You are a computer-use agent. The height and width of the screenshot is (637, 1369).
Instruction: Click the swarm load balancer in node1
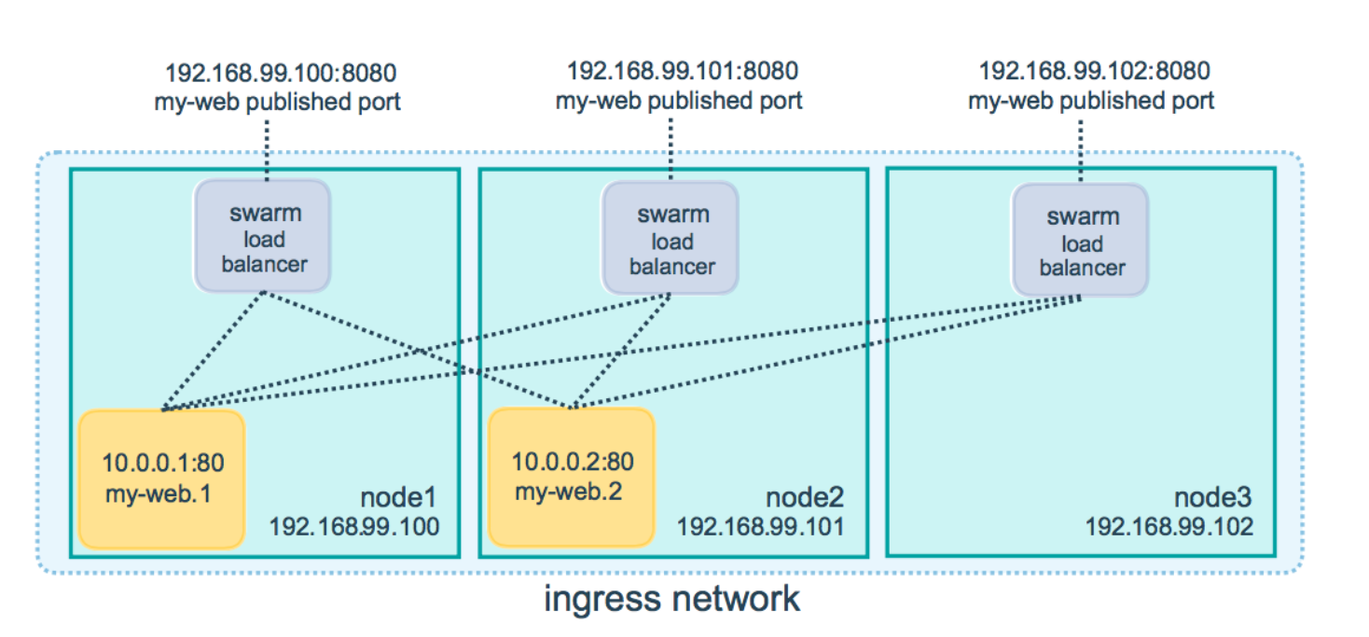[x=263, y=237]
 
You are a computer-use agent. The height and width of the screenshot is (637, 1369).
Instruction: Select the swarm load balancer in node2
[x=671, y=240]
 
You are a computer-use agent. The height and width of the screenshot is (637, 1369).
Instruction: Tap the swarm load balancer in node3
[x=1081, y=242]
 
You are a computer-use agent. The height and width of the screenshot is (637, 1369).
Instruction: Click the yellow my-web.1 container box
[x=161, y=478]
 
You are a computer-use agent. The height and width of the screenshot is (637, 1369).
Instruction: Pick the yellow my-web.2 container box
[x=571, y=477]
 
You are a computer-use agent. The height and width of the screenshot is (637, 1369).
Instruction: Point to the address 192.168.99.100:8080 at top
[x=281, y=73]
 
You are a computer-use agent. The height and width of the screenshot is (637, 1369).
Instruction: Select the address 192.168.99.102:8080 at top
[x=1094, y=71]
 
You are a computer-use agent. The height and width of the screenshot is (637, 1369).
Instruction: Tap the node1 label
[x=398, y=495]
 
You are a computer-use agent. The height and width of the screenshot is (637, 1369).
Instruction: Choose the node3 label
[x=1212, y=495]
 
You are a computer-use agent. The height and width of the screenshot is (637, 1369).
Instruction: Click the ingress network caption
[x=671, y=598]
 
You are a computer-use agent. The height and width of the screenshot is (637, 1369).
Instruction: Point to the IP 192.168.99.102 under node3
[x=1168, y=526]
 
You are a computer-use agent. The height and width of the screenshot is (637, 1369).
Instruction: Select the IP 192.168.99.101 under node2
[x=760, y=526]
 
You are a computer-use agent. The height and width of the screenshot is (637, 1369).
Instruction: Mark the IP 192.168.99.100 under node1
[x=353, y=526]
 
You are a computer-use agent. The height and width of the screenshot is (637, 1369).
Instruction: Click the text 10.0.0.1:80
[x=163, y=462]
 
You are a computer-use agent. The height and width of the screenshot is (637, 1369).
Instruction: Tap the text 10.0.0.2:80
[x=572, y=461]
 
